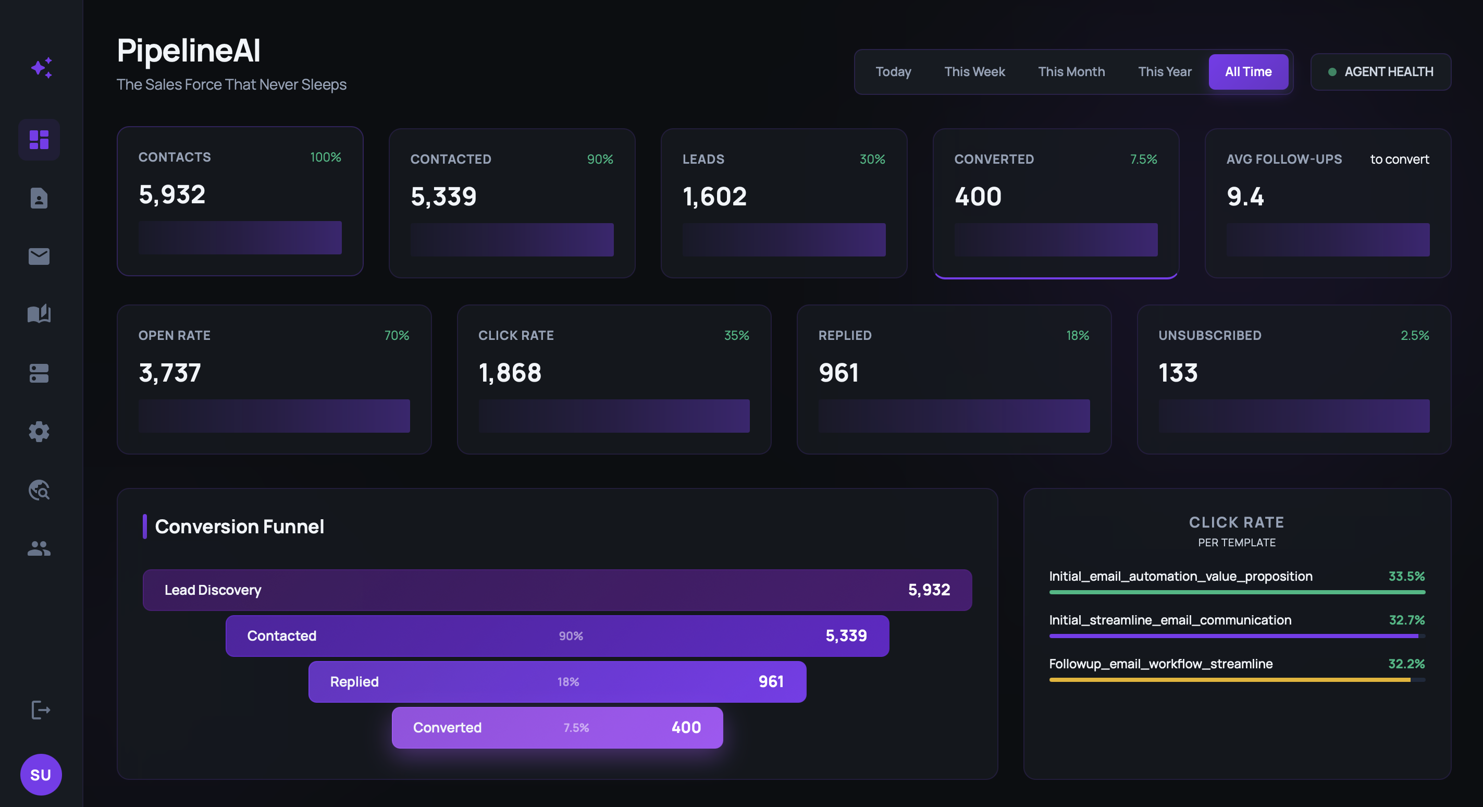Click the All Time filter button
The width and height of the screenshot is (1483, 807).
pos(1247,72)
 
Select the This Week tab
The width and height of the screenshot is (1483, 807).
pos(974,72)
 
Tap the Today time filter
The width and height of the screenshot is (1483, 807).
pos(893,72)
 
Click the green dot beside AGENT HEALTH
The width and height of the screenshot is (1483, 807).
pos(1331,72)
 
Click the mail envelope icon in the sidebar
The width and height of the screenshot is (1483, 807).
pos(39,256)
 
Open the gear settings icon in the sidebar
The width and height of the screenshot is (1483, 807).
pos(39,432)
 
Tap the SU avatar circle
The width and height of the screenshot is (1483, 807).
pos(41,774)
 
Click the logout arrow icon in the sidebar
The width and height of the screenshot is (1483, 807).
pos(40,710)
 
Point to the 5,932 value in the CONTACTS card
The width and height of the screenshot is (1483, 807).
pos(171,194)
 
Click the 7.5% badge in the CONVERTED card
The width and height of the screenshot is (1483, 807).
pos(1143,159)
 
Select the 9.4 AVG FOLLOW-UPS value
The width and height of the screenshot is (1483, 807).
pos(1245,197)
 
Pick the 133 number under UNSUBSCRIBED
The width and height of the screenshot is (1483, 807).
pos(1178,373)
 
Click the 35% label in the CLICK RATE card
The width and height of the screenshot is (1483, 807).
pos(736,335)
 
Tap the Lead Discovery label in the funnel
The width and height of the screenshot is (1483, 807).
pos(213,590)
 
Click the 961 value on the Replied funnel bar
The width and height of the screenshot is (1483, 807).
pos(771,681)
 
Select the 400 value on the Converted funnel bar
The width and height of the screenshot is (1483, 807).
pos(686,728)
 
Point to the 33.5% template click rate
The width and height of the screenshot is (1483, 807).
pos(1406,576)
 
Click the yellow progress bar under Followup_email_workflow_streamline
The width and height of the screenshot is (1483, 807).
pos(1229,680)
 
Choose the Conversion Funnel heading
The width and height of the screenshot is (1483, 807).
pos(239,527)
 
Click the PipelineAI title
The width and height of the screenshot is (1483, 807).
pos(188,50)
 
